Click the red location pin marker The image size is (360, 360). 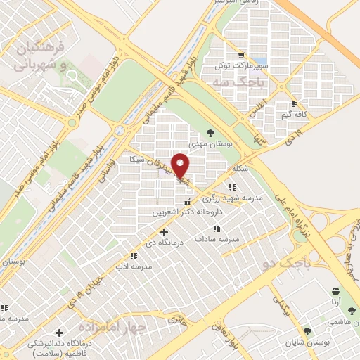pyautogui.click(x=181, y=165)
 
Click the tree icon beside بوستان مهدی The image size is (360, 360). pyautogui.click(x=211, y=131)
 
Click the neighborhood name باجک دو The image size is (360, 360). pyautogui.click(x=285, y=264)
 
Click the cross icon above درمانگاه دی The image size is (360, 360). pyautogui.click(x=165, y=232)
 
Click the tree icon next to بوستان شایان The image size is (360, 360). pyautogui.click(x=307, y=330)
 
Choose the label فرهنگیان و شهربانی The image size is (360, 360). pyautogui.click(x=44, y=56)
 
